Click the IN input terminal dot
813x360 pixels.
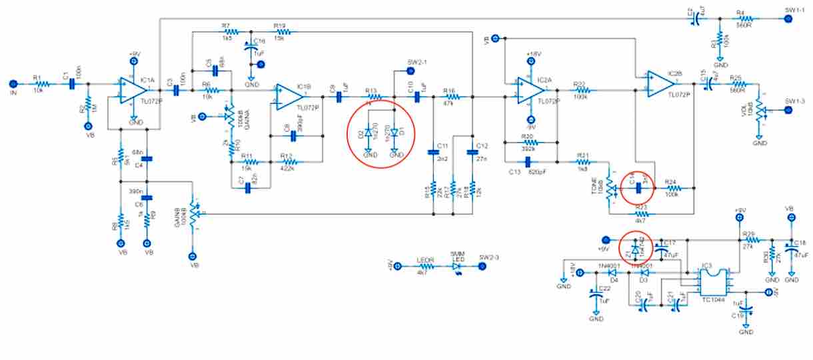click(x=13, y=84)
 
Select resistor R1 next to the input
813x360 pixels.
click(x=42, y=84)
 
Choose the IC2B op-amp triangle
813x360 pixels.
click(x=661, y=83)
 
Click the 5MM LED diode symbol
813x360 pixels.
click(x=457, y=266)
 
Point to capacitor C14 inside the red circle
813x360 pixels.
click(x=639, y=188)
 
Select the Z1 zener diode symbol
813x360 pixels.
click(x=634, y=249)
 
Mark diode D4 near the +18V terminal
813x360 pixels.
click(x=612, y=273)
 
